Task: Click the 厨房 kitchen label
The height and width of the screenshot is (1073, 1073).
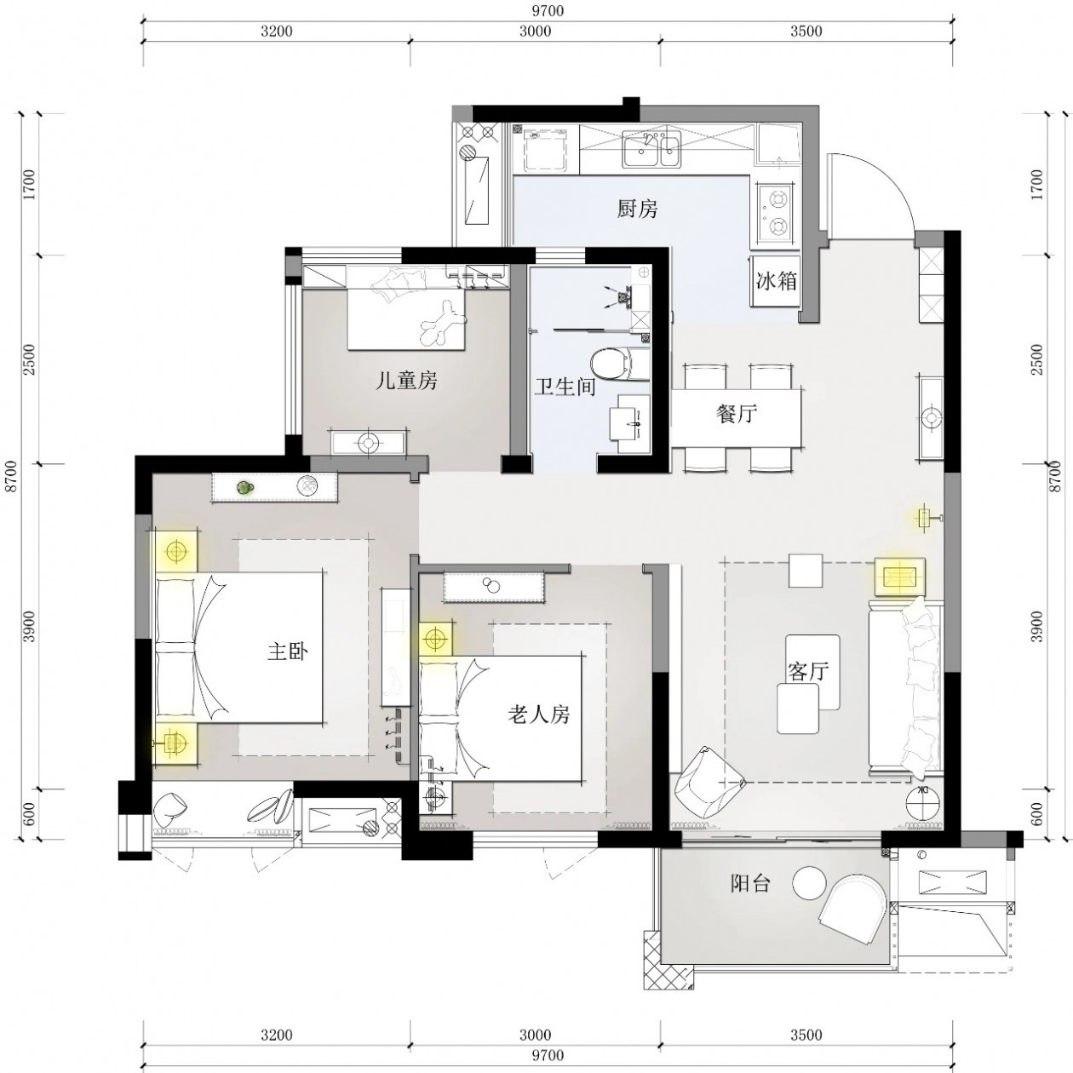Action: pyautogui.click(x=637, y=209)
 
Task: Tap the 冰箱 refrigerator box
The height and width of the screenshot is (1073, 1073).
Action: pyautogui.click(x=775, y=281)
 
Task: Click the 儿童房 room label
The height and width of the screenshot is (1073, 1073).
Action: pyautogui.click(x=406, y=381)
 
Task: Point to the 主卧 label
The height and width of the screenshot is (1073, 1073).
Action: pyautogui.click(x=288, y=651)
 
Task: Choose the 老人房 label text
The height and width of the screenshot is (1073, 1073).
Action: pyautogui.click(x=539, y=714)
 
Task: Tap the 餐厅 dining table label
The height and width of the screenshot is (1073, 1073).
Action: pyautogui.click(x=736, y=414)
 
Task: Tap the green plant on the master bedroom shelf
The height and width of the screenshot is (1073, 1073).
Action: pyautogui.click(x=244, y=488)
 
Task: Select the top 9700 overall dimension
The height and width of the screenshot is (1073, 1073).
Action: pyautogui.click(x=548, y=10)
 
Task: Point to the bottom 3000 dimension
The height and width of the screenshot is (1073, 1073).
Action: pyautogui.click(x=535, y=1035)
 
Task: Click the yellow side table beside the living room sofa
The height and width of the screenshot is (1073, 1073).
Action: pyautogui.click(x=900, y=577)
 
